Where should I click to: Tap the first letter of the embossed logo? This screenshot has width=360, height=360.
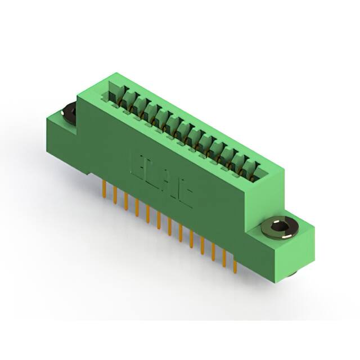[x=136, y=163]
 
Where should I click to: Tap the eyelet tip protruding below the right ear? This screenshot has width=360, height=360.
[x=294, y=274]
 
